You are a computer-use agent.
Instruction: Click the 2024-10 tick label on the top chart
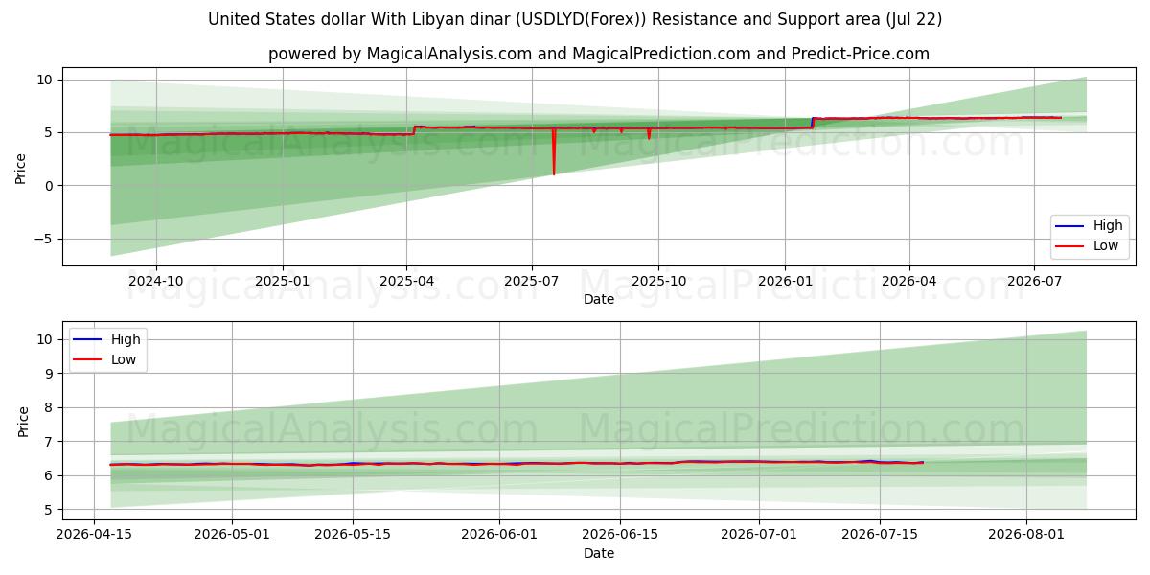(x=155, y=281)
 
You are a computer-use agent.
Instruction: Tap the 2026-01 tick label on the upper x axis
(x=785, y=281)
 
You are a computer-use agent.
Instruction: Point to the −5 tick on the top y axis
(x=43, y=240)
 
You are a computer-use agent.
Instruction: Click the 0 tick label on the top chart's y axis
(x=49, y=186)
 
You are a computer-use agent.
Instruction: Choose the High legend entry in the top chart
(x=1089, y=225)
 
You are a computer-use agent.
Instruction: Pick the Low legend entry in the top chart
(x=1087, y=246)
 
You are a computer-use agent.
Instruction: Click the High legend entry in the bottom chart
(x=106, y=339)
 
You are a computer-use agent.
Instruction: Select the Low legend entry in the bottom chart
(x=104, y=360)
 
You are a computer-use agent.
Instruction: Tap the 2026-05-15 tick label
(x=353, y=535)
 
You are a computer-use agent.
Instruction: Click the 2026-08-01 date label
(x=1026, y=535)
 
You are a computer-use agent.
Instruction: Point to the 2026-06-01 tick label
(x=499, y=535)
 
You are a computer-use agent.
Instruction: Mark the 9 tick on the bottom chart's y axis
(x=49, y=374)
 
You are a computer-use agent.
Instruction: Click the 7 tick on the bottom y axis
(x=49, y=442)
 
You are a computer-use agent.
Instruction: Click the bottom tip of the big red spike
(x=554, y=174)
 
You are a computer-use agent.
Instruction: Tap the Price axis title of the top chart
(x=20, y=169)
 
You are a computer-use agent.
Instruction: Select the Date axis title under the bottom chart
(x=599, y=554)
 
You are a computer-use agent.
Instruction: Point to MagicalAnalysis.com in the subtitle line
(x=449, y=54)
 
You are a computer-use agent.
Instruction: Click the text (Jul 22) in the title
(x=913, y=19)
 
